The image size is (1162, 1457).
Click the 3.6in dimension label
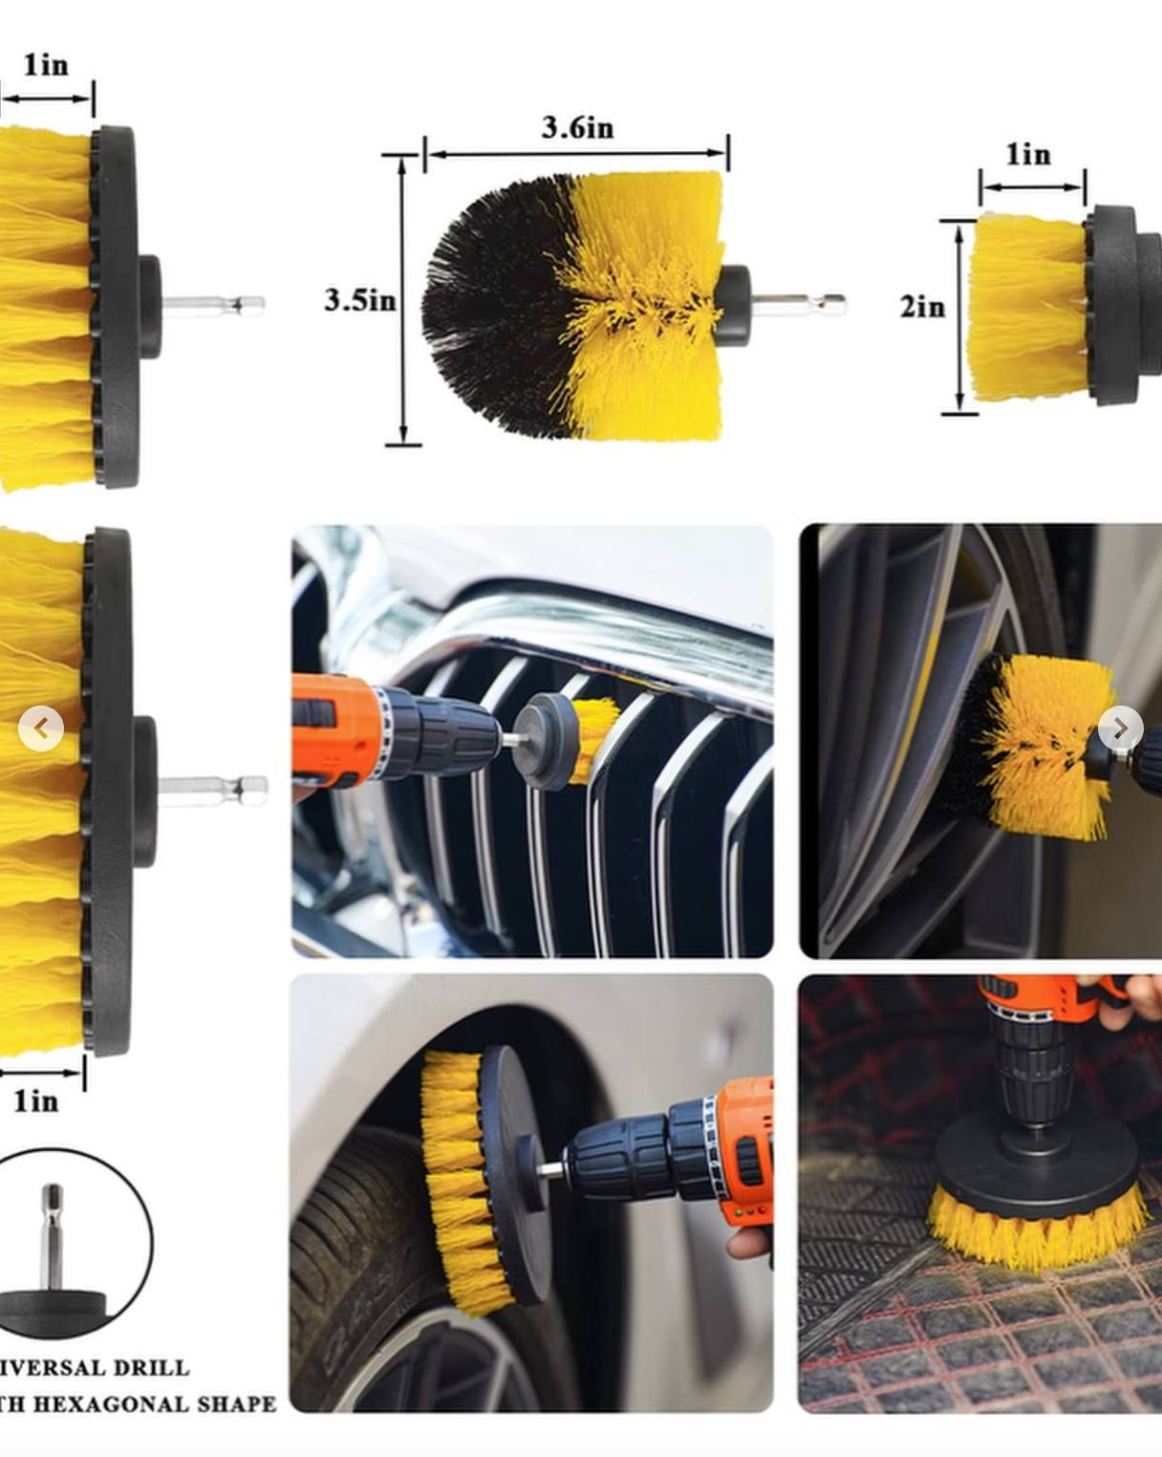[577, 128]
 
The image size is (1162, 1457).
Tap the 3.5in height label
[359, 300]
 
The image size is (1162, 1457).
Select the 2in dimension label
[922, 307]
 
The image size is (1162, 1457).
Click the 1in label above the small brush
[1028, 155]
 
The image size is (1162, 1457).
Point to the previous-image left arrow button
[41, 729]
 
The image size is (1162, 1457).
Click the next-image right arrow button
[1120, 728]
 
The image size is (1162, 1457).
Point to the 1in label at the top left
[46, 65]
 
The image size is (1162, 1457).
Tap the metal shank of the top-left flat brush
[215, 306]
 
